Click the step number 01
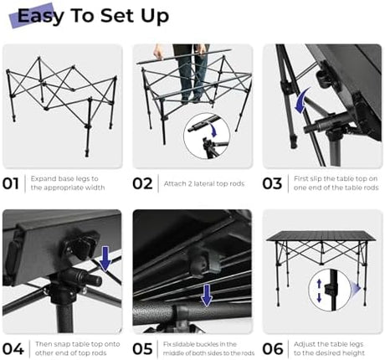[11, 183]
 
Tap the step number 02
[142, 183]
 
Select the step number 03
[272, 183]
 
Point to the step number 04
[13, 349]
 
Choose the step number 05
[143, 349]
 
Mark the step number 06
[273, 349]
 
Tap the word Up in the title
[155, 17]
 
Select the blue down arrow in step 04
[105, 259]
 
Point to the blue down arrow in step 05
[207, 296]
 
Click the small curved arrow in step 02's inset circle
[213, 131]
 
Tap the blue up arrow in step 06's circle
[319, 284]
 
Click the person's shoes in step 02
[192, 99]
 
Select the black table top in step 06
[321, 236]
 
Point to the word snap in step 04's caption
[57, 345]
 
